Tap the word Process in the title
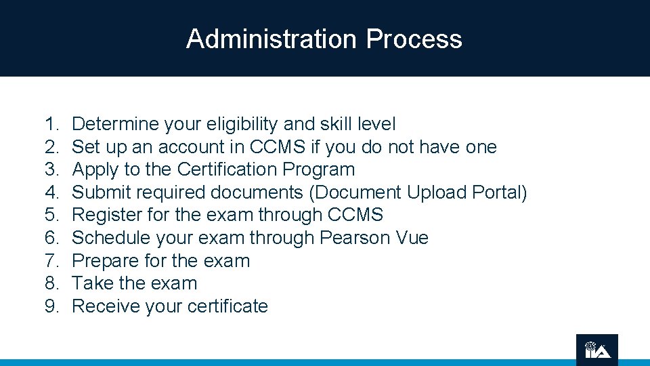tap(414, 39)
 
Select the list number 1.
tap(51, 124)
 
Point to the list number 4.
tap(51, 192)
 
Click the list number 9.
tap(51, 306)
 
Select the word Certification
tap(227, 169)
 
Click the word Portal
tap(500, 192)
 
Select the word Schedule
tap(110, 238)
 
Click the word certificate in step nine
tap(227, 306)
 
